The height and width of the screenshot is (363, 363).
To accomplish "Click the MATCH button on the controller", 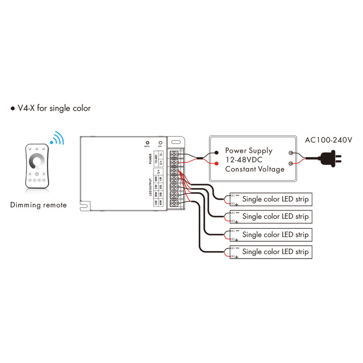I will click(x=147, y=142).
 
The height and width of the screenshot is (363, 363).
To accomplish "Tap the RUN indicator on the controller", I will click(x=160, y=142).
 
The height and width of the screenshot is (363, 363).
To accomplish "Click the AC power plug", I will click(x=330, y=157).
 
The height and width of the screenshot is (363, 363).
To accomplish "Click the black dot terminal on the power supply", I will click(x=216, y=153).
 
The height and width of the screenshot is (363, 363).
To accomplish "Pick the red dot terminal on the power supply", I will click(x=216, y=163).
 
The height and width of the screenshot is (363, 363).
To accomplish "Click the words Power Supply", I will click(x=249, y=150).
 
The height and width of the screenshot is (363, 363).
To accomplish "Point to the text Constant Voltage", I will click(x=255, y=169).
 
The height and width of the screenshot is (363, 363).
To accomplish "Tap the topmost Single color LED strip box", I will click(x=271, y=199).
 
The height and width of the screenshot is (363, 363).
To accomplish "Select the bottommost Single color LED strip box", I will click(x=271, y=252).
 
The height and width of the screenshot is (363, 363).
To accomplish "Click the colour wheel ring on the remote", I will click(x=36, y=162).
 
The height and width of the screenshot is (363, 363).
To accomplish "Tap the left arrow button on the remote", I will click(x=30, y=174).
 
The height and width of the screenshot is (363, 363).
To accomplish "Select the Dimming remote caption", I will click(x=39, y=205).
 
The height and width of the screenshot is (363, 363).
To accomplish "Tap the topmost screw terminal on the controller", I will click(x=174, y=154).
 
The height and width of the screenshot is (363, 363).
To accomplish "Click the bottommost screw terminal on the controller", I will click(x=174, y=203).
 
